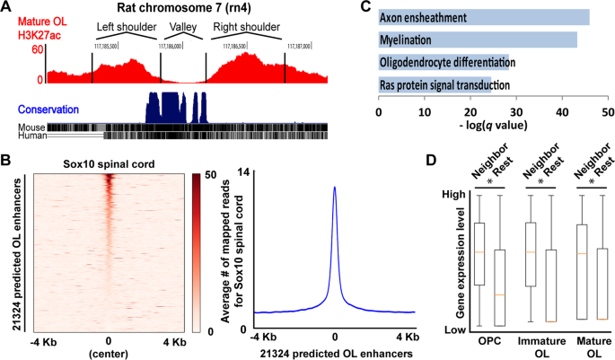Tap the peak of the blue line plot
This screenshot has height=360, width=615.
click(x=334, y=188)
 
